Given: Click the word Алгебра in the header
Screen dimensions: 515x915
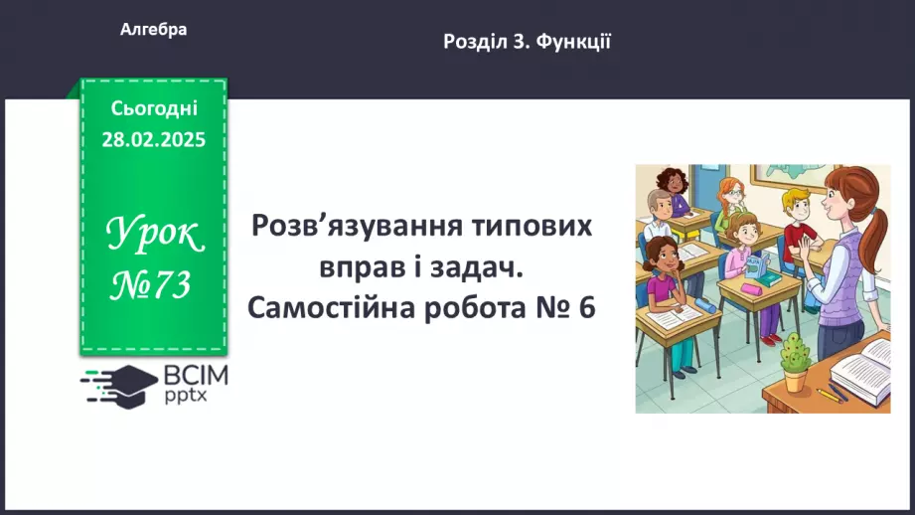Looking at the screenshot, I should click(153, 30).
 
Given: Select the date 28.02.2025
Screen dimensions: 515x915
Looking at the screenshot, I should click(153, 140).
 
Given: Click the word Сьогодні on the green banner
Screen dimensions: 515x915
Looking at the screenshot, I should click(153, 108).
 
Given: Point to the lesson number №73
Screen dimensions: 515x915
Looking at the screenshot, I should click(152, 286).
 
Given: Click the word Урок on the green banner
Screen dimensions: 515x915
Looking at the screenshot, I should click(154, 237).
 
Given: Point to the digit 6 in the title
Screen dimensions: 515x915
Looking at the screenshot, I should click(586, 307).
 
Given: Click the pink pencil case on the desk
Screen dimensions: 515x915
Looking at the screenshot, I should click(751, 289).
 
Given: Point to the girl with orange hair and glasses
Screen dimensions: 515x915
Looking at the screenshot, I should click(732, 193).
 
